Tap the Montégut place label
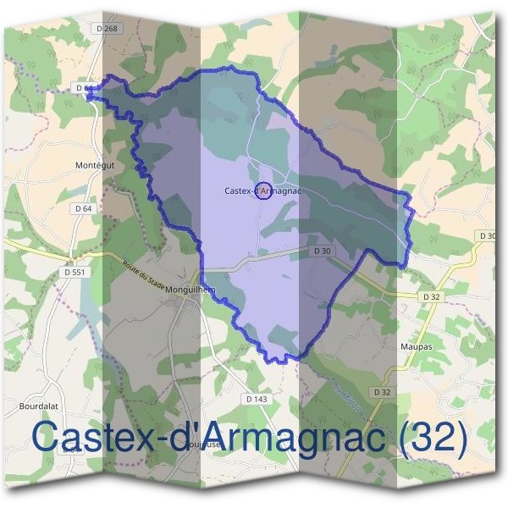[x=94, y=164]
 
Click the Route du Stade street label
[x=142, y=277]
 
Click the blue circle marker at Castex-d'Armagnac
[x=262, y=191]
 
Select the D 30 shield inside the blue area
[x=322, y=251]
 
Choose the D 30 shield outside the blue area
[x=487, y=235]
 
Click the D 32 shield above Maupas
[x=432, y=296]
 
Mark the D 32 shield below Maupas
[x=382, y=393]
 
